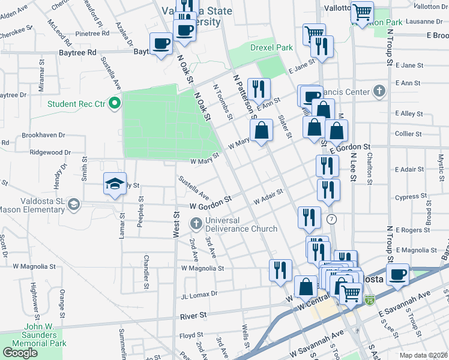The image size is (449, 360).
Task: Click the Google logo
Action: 20,352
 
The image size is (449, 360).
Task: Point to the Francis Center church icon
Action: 378,92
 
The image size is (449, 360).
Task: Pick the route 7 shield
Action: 331,220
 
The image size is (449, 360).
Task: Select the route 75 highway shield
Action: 369,299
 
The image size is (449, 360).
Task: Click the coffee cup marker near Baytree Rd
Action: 161,44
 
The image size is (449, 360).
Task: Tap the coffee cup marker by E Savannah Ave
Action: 397,275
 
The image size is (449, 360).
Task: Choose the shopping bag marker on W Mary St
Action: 262,130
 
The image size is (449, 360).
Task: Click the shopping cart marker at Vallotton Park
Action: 362,13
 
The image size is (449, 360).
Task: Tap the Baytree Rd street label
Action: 78,53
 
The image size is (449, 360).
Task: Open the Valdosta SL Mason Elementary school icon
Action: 74,205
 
